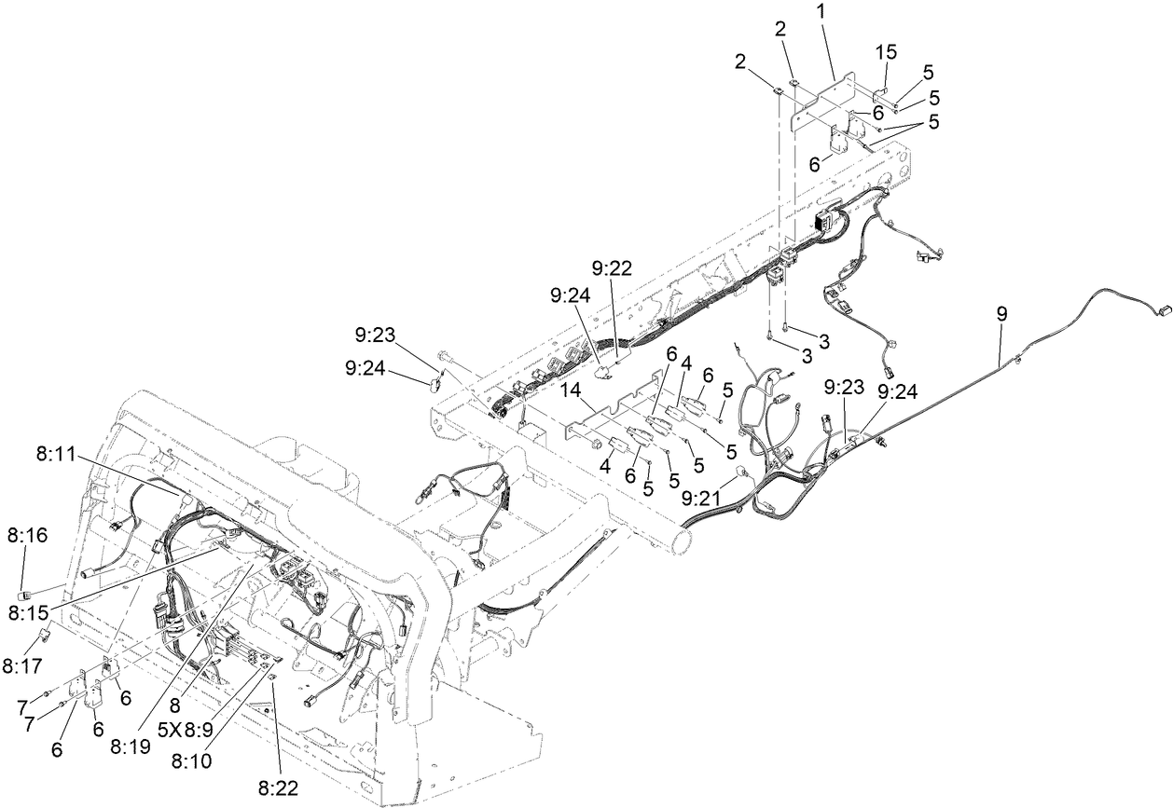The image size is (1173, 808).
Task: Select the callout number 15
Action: tap(886, 51)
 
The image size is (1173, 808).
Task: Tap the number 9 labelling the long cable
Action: tap(1001, 315)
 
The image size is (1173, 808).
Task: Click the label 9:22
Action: tap(611, 268)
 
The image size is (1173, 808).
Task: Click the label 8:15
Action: tap(27, 612)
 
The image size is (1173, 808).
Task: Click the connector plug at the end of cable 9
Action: tap(1162, 313)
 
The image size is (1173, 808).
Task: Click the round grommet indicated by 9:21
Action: tap(745, 472)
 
